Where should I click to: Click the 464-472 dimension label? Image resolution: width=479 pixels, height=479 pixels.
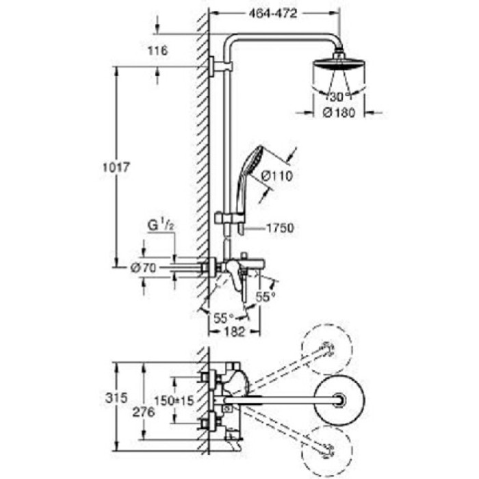257,12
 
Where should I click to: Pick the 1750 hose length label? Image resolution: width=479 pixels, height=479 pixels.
281,229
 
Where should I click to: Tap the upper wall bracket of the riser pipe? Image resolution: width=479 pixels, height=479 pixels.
222,66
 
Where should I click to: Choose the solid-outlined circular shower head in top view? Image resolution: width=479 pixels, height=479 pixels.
337,398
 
